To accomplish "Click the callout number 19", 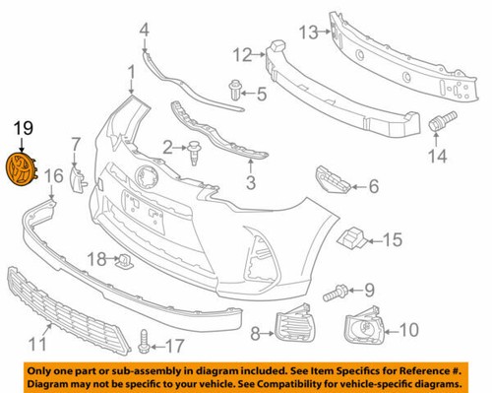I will (22, 127).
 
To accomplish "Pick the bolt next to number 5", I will (238, 90).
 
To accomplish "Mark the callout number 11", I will (37, 345).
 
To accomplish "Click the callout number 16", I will (53, 175).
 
